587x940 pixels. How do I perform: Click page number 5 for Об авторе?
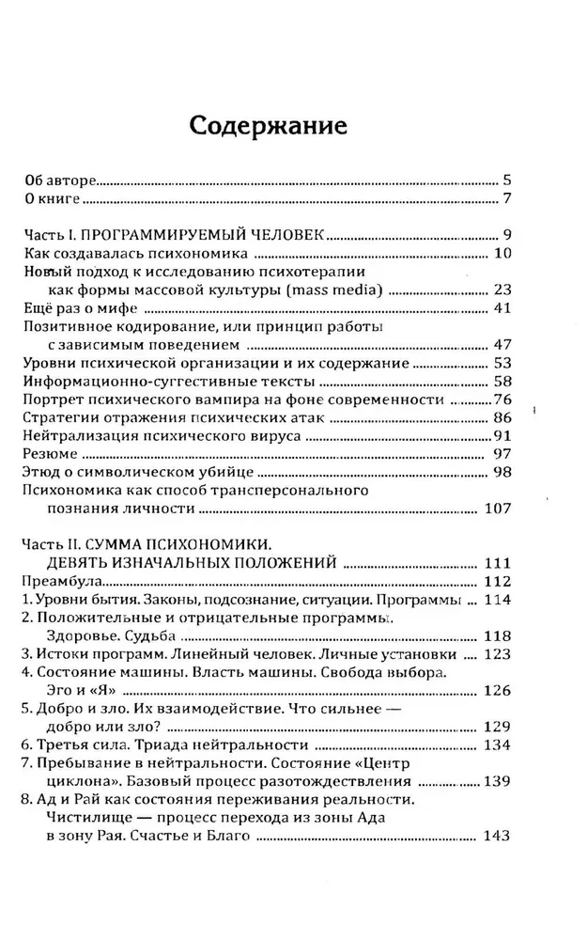point(505,179)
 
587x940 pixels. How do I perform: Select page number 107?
point(495,509)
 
